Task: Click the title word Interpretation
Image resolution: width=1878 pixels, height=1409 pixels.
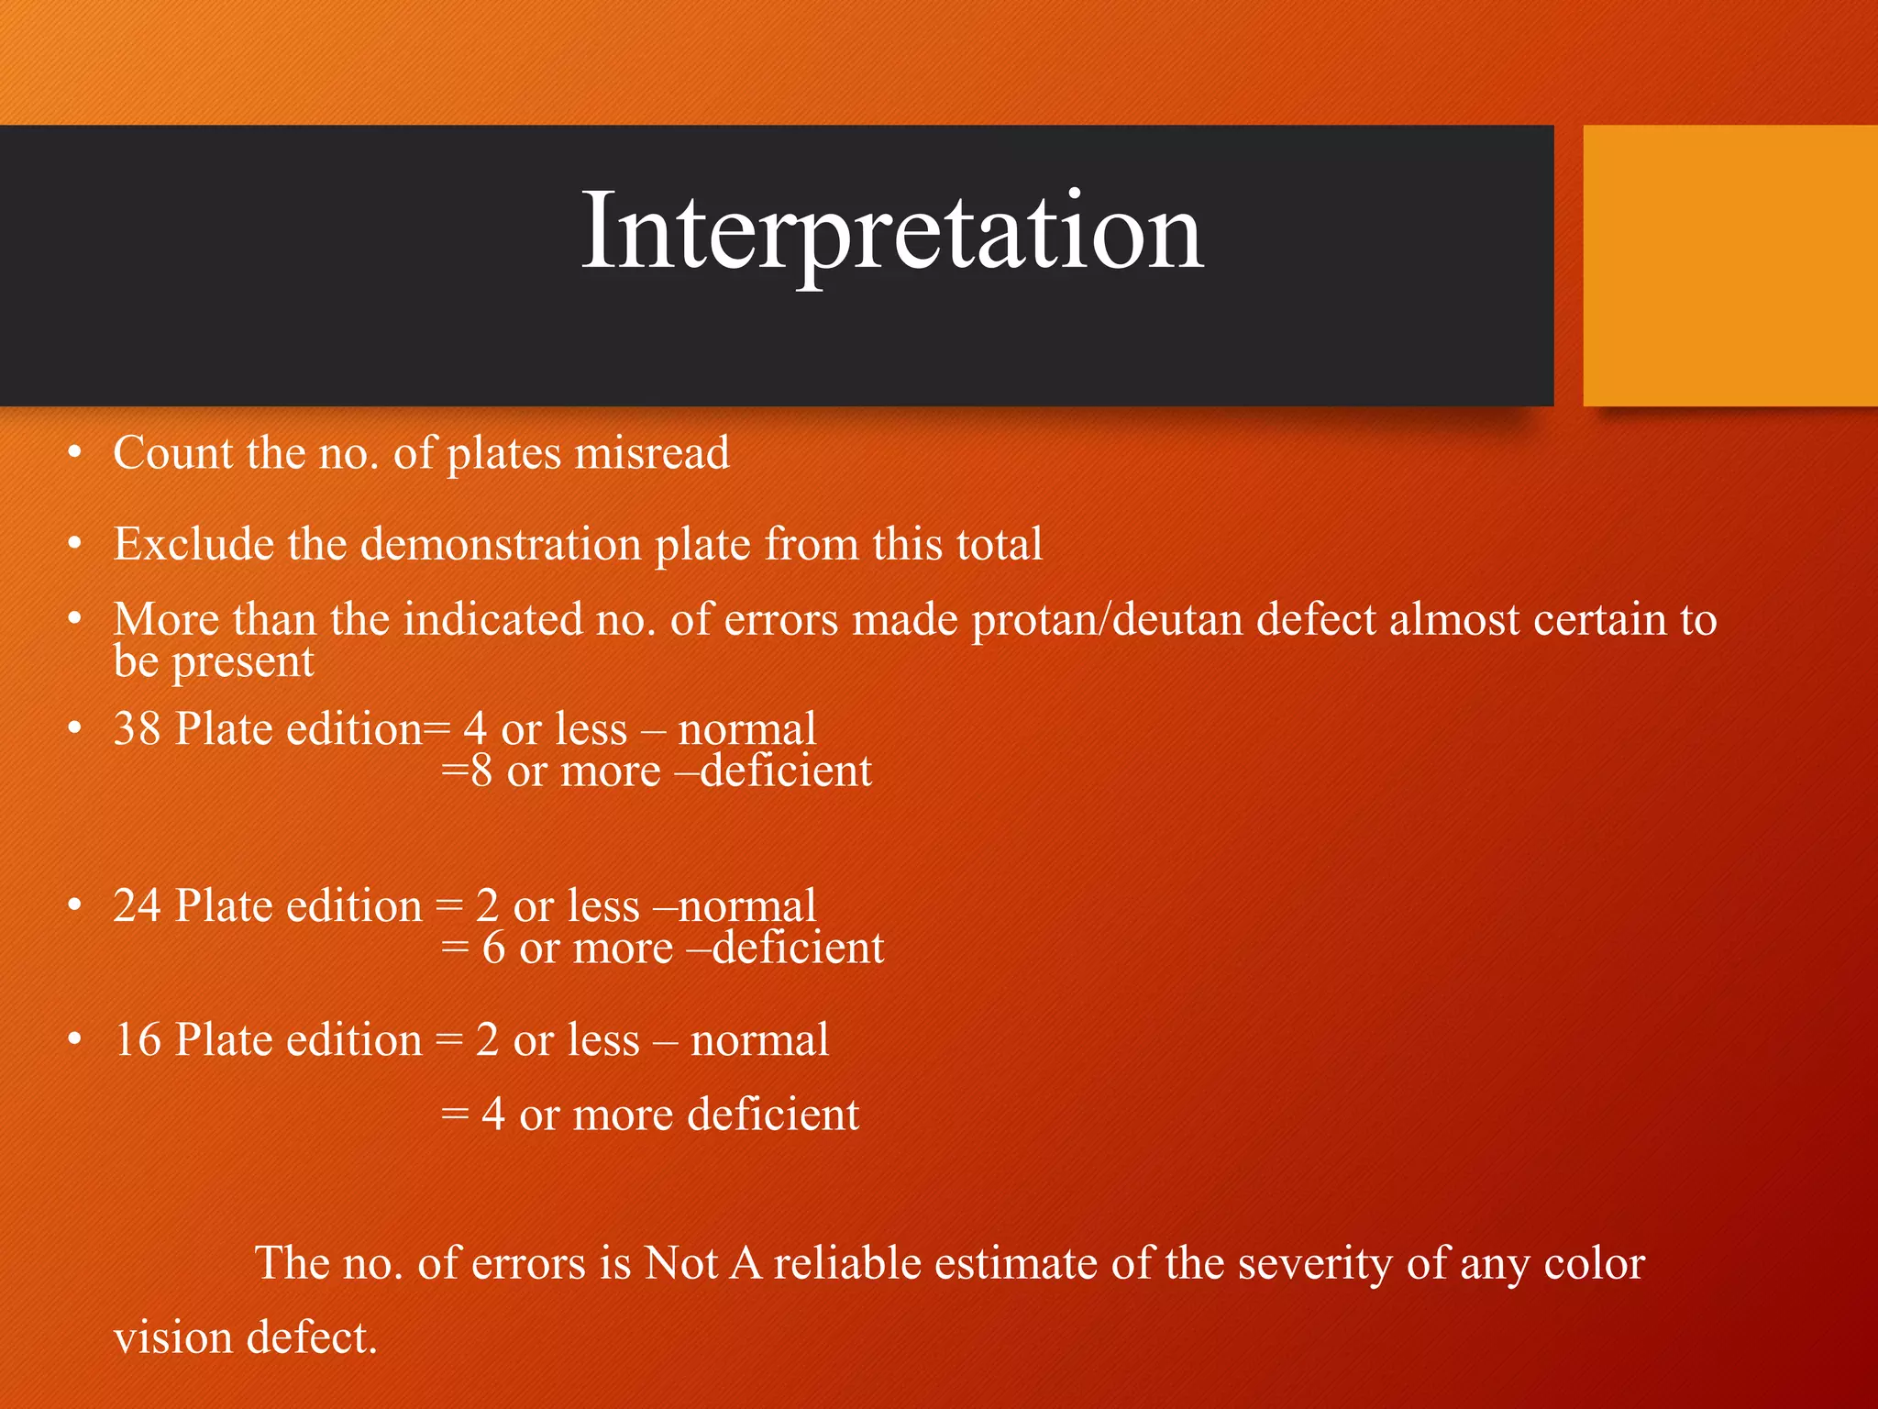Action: (892, 230)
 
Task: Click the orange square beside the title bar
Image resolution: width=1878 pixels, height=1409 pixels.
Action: (1729, 265)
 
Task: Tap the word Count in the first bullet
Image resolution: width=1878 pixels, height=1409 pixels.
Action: (173, 453)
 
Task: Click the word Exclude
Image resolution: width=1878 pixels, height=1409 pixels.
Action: (193, 544)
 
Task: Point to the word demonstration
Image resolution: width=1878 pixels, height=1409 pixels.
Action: (501, 544)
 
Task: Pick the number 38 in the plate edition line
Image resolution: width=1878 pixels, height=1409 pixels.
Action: (138, 729)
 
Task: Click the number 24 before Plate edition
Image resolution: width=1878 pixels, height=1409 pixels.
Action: (138, 906)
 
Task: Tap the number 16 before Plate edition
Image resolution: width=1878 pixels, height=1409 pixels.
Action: (138, 1040)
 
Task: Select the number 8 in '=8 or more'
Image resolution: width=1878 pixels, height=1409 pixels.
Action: (481, 771)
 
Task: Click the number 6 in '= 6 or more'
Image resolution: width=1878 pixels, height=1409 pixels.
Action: (494, 948)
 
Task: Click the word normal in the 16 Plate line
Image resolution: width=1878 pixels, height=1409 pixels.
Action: (759, 1040)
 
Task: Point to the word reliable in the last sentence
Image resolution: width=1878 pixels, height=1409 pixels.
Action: (847, 1263)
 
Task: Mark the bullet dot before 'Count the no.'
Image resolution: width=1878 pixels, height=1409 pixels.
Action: (75, 452)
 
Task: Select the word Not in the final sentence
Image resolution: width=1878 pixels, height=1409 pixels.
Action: (680, 1263)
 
